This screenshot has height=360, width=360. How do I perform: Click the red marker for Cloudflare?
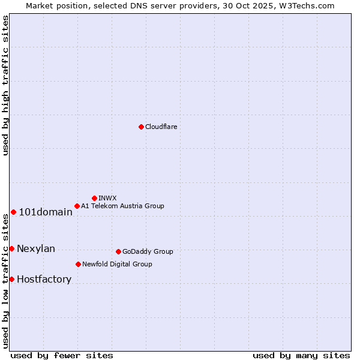click(141, 127)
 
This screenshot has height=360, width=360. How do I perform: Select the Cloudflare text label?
click(161, 127)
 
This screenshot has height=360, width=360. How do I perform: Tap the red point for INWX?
click(94, 198)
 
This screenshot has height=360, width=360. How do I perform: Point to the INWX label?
click(107, 198)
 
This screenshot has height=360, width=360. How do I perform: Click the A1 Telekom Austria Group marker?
click(77, 206)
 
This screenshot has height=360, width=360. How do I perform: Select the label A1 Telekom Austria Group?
click(122, 206)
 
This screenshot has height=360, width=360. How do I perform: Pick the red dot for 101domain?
click(13, 212)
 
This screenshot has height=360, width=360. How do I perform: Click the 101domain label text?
click(46, 212)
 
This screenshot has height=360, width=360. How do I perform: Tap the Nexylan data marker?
click(11, 248)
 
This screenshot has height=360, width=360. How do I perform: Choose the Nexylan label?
click(36, 249)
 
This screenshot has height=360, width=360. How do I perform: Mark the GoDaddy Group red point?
click(118, 251)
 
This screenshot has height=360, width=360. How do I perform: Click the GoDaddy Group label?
click(148, 251)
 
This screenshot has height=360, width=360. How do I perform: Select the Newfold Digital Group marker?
click(78, 264)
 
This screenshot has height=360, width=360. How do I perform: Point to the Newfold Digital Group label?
click(117, 264)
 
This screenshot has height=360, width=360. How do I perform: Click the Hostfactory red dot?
click(11, 279)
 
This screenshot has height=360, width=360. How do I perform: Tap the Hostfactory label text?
click(44, 280)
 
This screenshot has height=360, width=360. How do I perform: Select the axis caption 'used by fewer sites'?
click(62, 355)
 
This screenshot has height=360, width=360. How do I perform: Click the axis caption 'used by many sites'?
click(301, 355)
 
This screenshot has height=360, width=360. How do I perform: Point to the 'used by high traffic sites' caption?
click(5, 85)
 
